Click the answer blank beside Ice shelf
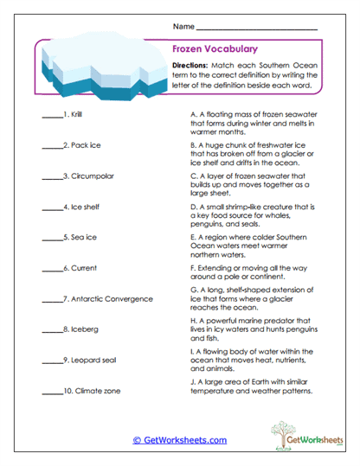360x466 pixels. pyautogui.click(x=49, y=208)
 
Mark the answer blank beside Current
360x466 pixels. pyautogui.click(x=49, y=270)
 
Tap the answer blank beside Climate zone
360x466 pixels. pyautogui.click(x=49, y=392)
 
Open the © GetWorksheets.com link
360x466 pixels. pyautogui.click(x=180, y=440)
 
